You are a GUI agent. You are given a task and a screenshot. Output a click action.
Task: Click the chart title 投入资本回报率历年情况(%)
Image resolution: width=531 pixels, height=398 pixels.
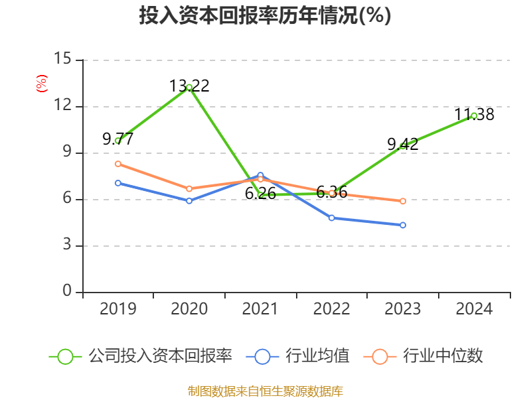(265, 16)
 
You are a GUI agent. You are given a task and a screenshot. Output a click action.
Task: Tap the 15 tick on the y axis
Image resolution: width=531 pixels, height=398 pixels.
(63, 60)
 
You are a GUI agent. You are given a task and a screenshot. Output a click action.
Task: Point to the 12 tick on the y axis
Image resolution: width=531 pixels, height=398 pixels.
(63, 106)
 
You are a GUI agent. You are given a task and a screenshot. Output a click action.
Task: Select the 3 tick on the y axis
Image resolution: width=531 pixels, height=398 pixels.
(67, 245)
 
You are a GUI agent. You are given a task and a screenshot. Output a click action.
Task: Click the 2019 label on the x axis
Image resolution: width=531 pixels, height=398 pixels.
(117, 308)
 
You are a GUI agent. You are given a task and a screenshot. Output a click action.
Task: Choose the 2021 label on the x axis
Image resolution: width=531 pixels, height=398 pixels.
(260, 308)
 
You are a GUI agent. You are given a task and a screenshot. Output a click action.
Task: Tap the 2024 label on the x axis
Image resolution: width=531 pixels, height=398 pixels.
(474, 308)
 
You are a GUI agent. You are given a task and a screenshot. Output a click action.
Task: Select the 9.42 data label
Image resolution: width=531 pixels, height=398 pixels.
(403, 144)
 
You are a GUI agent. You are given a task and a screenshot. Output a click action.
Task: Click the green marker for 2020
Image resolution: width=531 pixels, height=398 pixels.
(189, 88)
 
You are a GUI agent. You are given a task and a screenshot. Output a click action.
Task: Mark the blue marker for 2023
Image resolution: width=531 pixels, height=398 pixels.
(403, 225)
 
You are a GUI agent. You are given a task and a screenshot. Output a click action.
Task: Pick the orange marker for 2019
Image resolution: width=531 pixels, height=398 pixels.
(118, 164)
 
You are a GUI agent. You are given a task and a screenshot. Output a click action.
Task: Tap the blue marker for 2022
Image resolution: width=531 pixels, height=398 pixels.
(332, 218)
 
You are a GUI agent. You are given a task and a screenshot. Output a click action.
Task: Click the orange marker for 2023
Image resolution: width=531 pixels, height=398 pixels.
(403, 201)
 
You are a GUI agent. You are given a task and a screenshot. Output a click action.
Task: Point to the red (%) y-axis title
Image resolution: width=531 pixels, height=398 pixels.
(41, 83)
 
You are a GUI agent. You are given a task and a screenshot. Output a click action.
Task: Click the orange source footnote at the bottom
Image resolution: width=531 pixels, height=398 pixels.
(265, 391)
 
